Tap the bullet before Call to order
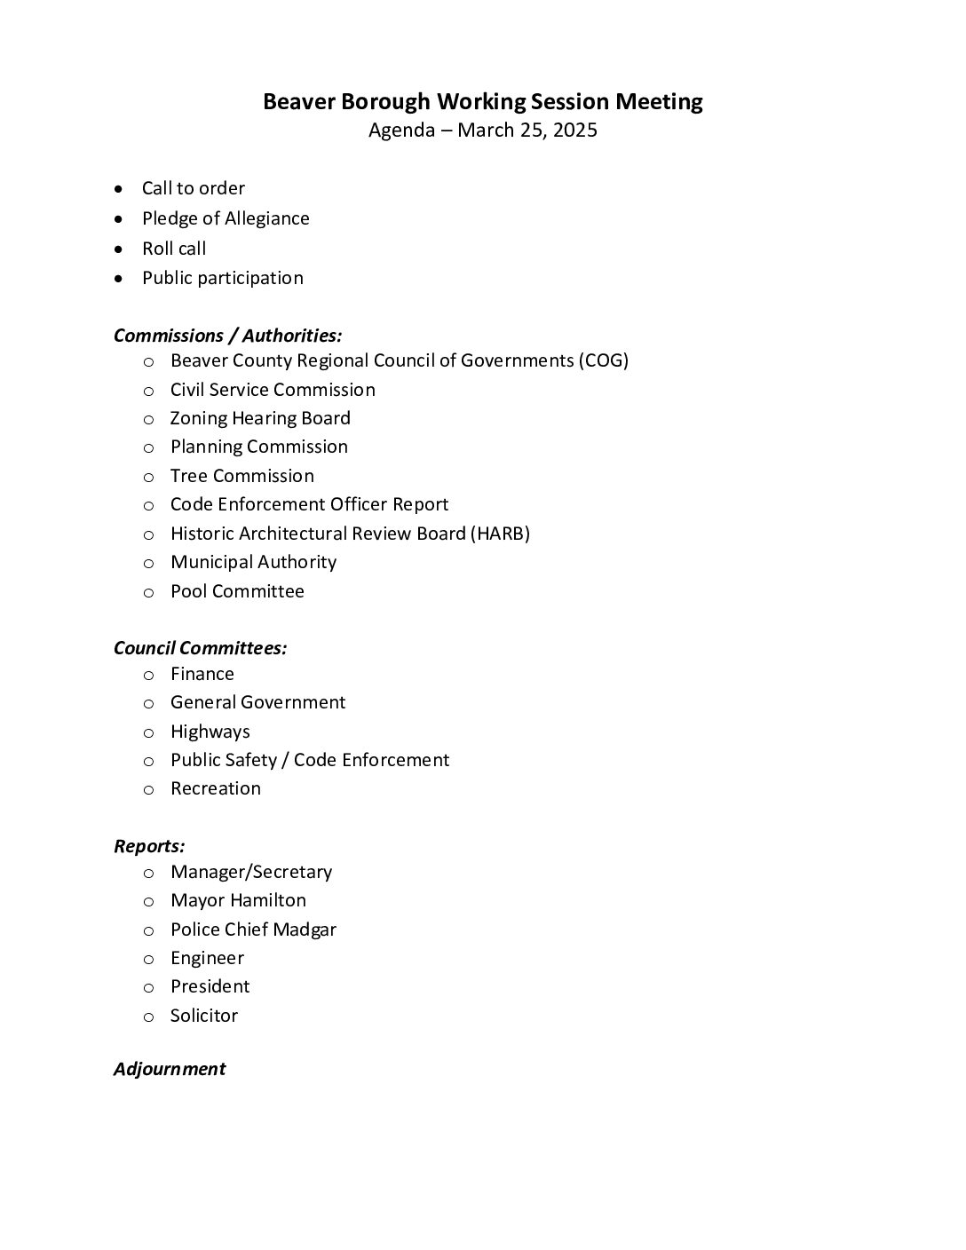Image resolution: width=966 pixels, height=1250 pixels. [119, 189]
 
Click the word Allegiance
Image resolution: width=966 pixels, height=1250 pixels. [267, 218]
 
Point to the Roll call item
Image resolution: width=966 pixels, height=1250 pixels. [174, 249]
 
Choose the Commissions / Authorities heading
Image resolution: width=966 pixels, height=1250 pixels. [227, 336]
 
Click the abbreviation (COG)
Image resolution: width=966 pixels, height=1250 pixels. [603, 360]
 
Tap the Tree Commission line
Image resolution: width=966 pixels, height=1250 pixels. [241, 476]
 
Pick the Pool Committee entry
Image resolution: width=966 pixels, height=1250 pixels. [237, 591]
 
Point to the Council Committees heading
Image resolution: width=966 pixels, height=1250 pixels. [200, 648]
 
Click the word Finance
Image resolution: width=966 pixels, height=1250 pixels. [202, 674]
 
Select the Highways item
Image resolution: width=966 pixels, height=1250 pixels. [210, 732]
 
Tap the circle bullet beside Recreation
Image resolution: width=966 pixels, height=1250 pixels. [149, 789]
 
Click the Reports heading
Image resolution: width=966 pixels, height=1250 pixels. [149, 846]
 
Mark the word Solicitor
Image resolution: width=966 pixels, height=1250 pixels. [204, 1016]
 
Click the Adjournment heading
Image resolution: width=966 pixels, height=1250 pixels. [170, 1069]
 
